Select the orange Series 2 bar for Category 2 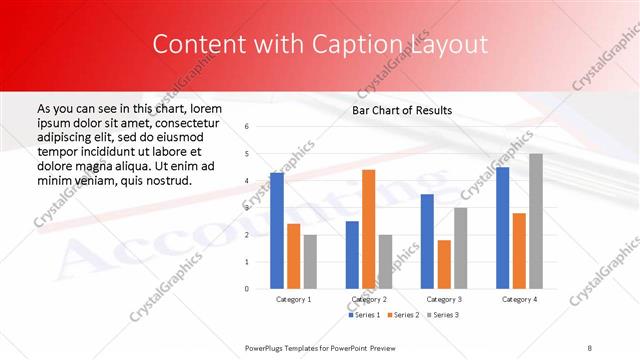(x=368, y=229)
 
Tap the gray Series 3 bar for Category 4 (x=536, y=221)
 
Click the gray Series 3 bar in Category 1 (x=310, y=261)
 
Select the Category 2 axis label (x=368, y=299)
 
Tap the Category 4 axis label (x=519, y=299)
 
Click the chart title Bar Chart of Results (x=402, y=110)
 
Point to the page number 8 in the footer (x=590, y=346)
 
